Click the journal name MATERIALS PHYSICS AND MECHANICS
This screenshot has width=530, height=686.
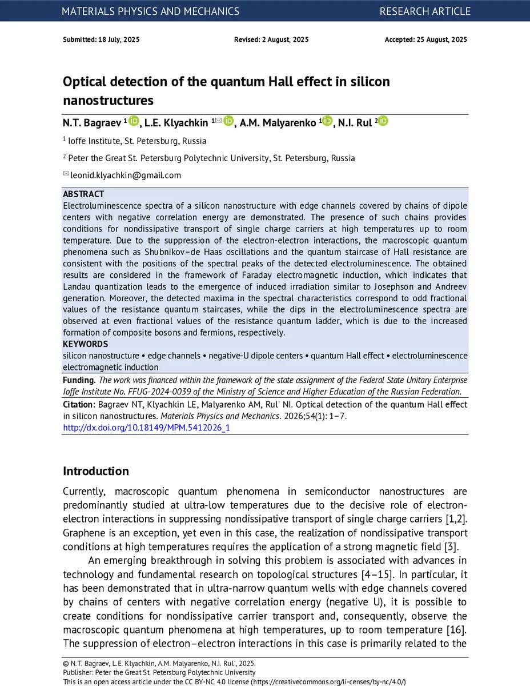tap(150, 11)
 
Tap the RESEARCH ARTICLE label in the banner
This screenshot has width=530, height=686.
tap(425, 11)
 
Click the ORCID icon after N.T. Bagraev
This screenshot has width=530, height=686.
tap(134, 121)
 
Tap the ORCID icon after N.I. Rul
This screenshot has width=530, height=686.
tap(383, 121)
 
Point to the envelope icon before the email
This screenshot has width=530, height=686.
tap(66, 174)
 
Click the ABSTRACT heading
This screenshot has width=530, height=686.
tap(83, 194)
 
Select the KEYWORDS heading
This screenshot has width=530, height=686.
tap(85, 344)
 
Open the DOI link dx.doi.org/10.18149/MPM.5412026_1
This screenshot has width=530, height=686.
tap(146, 427)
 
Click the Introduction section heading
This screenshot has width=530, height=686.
tap(96, 471)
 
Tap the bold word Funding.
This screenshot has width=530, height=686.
tap(79, 380)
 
